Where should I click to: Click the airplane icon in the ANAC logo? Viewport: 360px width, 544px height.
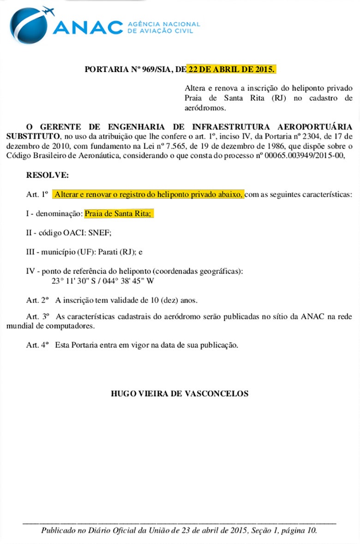[48, 11]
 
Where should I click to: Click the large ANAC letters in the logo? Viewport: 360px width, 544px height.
[88, 27]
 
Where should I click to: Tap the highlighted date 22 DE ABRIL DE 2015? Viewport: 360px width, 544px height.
[231, 70]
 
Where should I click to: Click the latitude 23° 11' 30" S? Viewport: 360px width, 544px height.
[75, 280]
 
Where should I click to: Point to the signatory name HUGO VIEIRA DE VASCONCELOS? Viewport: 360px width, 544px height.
[180, 393]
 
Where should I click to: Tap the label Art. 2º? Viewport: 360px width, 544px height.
[37, 300]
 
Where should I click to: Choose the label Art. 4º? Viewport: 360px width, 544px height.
[37, 345]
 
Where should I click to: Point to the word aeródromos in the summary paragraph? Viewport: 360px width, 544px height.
[205, 108]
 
